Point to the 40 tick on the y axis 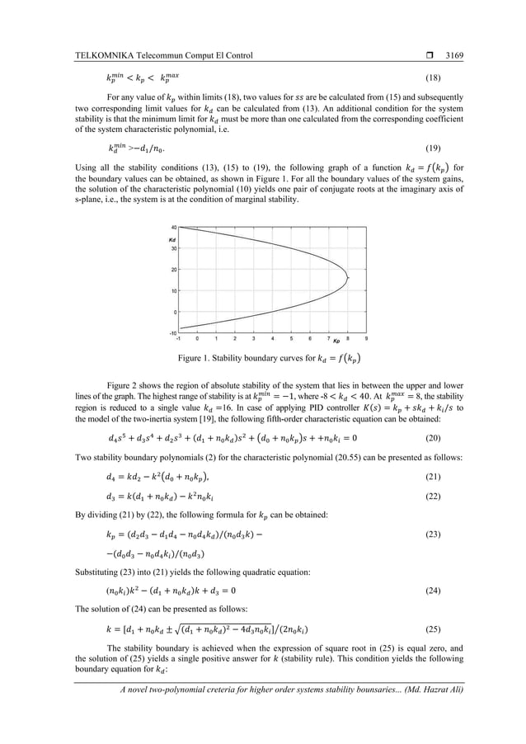(x=173, y=227)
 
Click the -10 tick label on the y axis (x=172, y=333)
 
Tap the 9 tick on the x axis (x=366, y=339)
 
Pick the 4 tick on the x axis (x=272, y=339)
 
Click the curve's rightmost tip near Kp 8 (x=349, y=279)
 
